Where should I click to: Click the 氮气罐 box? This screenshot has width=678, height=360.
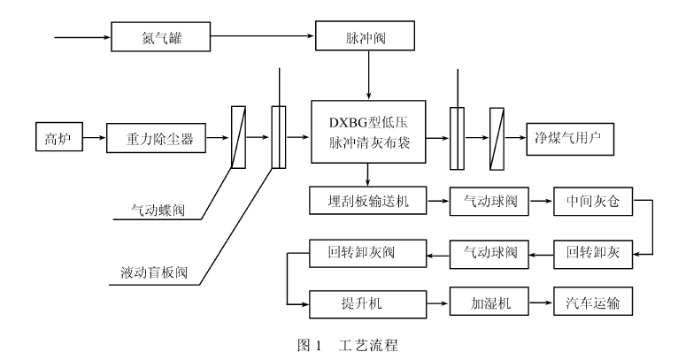[162, 38]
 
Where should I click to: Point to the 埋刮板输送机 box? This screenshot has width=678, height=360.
[366, 202]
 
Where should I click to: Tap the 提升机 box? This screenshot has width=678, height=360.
[366, 303]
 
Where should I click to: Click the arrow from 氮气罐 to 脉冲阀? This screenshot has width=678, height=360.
[265, 38]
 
